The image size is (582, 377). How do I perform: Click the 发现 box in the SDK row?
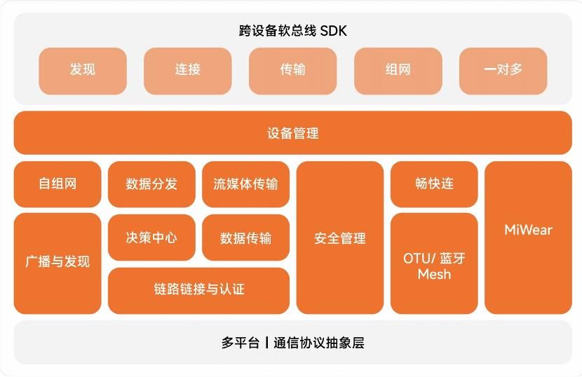(x=83, y=70)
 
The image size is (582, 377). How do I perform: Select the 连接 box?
(x=188, y=70)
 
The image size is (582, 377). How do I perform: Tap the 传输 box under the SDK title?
(x=292, y=70)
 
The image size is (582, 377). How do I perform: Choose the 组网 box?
(x=398, y=70)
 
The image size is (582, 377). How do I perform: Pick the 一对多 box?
(x=503, y=70)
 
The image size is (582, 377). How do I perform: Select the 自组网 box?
(x=57, y=184)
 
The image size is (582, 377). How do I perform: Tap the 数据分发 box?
(x=151, y=184)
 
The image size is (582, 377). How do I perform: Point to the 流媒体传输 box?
(x=245, y=184)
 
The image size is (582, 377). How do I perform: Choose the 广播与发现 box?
(x=57, y=263)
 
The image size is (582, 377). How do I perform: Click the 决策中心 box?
(x=151, y=238)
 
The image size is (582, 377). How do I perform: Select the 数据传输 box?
(x=245, y=238)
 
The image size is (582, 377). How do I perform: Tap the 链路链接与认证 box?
(x=198, y=289)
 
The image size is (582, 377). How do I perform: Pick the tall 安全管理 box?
(x=340, y=238)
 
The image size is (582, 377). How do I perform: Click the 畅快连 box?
(x=434, y=184)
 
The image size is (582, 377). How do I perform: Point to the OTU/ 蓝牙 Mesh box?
(x=434, y=265)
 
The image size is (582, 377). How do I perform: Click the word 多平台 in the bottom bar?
(x=241, y=343)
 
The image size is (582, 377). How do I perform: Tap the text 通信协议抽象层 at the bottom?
(x=319, y=343)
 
